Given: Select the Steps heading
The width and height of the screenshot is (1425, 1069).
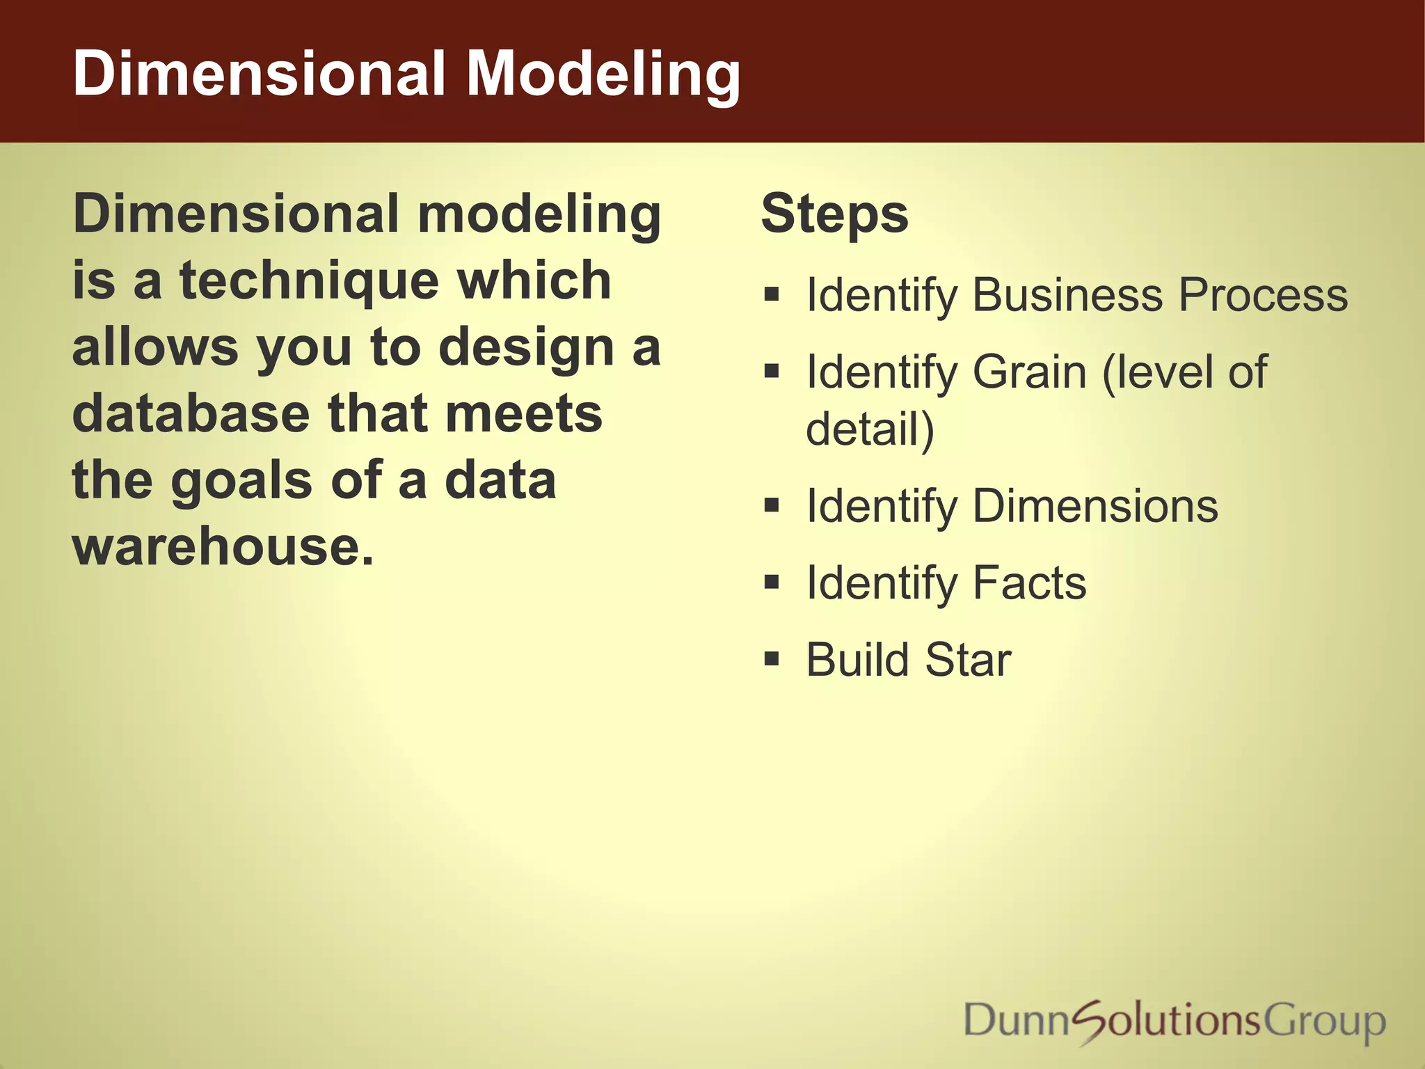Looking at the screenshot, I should [x=834, y=214].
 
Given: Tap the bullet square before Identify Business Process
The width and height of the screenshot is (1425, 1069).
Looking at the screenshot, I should [x=771, y=294].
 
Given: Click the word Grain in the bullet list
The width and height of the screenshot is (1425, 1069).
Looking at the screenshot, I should [x=1029, y=372].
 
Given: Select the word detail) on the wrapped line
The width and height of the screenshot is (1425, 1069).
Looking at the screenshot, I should [x=870, y=429].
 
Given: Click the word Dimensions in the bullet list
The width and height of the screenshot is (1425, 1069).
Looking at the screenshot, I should [x=1095, y=506].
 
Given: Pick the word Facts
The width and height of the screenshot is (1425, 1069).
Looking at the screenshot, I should [x=1029, y=583].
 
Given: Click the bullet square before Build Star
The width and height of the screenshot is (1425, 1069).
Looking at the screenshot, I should [x=771, y=658].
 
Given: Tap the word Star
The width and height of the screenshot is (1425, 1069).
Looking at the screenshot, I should [x=968, y=660].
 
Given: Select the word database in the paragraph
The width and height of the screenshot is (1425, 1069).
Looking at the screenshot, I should [x=191, y=414].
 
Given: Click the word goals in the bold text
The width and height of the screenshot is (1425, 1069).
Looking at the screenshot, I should [x=241, y=482].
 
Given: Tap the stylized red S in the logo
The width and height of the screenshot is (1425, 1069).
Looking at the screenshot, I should [x=1094, y=1022].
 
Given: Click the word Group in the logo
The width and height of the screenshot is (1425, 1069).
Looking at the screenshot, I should [x=1323, y=1022].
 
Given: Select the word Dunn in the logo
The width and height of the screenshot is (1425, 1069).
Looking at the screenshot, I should [x=1016, y=1020].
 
